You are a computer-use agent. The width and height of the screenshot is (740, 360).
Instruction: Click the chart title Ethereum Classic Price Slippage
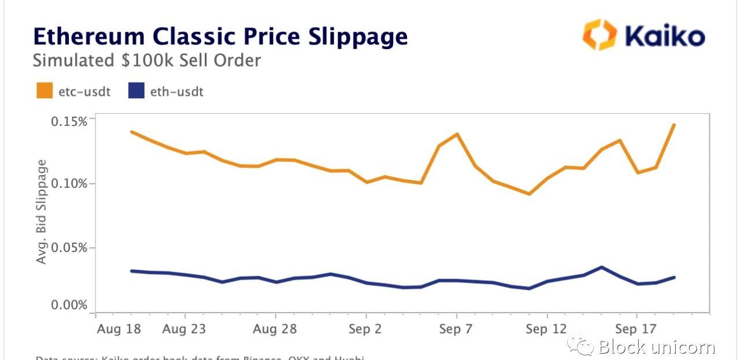coord(220,36)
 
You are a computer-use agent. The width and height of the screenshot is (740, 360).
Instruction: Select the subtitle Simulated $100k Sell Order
coord(147,61)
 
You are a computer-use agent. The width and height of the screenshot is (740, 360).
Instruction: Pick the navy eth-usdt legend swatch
coord(136,91)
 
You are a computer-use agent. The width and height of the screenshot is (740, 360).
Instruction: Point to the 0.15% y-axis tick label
coord(69,121)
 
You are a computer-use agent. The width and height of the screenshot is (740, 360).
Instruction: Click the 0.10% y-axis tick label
coord(69,184)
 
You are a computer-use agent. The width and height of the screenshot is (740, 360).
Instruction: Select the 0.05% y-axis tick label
coord(69,248)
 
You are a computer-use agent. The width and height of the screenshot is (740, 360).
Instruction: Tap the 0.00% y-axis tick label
coord(69,305)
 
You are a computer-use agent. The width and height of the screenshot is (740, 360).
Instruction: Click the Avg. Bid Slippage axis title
coord(42,212)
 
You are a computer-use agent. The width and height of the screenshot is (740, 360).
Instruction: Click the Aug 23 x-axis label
coord(184,329)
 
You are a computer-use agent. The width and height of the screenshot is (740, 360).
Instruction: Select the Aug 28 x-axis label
coord(275,329)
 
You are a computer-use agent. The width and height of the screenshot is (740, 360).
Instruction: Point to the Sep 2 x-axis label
coord(366,329)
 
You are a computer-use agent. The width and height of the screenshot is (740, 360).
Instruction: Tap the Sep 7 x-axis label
coord(457,329)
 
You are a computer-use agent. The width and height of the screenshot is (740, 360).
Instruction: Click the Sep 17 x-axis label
coord(636,329)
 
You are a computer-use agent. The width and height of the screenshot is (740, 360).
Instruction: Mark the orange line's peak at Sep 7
coord(457,135)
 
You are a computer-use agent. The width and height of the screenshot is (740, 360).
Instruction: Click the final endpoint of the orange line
coord(674,125)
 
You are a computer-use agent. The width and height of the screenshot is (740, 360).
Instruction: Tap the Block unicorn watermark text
coord(657,347)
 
